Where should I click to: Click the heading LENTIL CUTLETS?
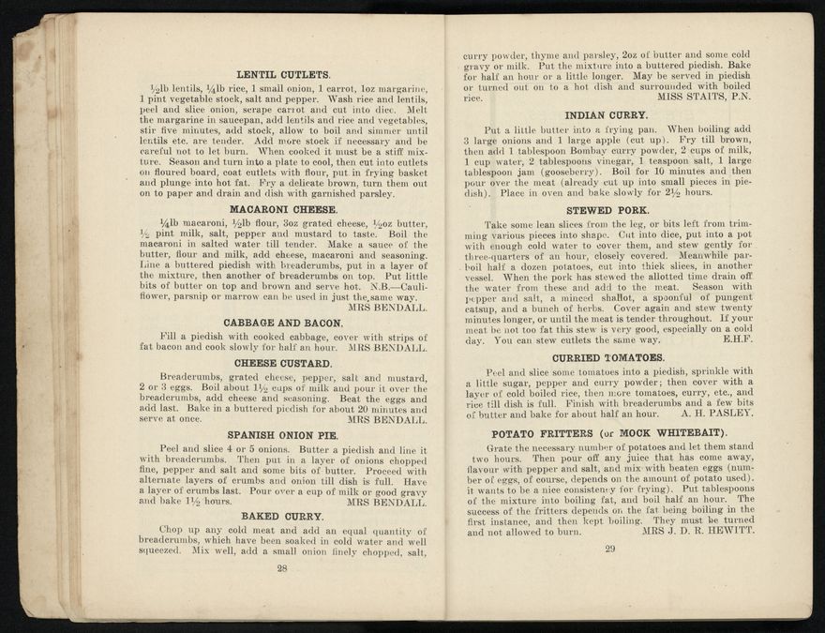click(283, 74)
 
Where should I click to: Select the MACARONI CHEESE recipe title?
click(283, 208)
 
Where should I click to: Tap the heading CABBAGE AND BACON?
click(283, 323)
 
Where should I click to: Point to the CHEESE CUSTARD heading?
click(283, 363)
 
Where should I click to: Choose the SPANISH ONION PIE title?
click(283, 435)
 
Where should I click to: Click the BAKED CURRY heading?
click(283, 516)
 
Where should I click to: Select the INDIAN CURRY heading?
click(607, 114)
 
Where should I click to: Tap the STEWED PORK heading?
click(607, 210)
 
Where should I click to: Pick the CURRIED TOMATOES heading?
click(607, 357)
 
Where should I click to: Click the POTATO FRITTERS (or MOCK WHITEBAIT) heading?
click(609, 433)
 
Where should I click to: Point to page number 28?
click(281, 567)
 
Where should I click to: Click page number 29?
click(609, 548)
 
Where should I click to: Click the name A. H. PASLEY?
click(717, 413)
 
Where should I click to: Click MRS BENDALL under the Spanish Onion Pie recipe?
click(386, 501)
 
